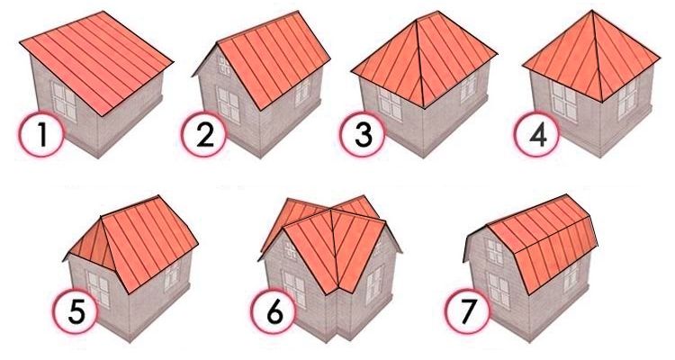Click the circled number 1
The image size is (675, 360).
pyautogui.click(x=42, y=134)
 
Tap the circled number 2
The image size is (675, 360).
pyautogui.click(x=203, y=134)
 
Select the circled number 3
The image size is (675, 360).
pyautogui.click(x=363, y=134)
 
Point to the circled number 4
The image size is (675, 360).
pyautogui.click(x=536, y=134)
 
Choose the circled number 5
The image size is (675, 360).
pyautogui.click(x=76, y=310)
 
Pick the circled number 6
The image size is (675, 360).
pyautogui.click(x=274, y=310)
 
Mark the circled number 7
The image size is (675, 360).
pyautogui.click(x=467, y=310)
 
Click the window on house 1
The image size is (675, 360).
pyautogui.click(x=64, y=102)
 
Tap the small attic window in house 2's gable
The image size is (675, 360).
pyautogui.click(x=224, y=66)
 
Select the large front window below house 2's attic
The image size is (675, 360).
pyautogui.click(x=228, y=105)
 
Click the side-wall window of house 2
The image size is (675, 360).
pyautogui.click(x=302, y=92)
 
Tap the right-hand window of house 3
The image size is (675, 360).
pyautogui.click(x=468, y=88)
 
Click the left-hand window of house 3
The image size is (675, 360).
pyautogui.click(x=390, y=103)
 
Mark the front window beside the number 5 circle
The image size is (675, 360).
pyautogui.click(x=99, y=289)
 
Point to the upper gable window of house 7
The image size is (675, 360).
pyautogui.click(x=495, y=251)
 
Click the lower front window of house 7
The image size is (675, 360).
pyautogui.click(x=499, y=290)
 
